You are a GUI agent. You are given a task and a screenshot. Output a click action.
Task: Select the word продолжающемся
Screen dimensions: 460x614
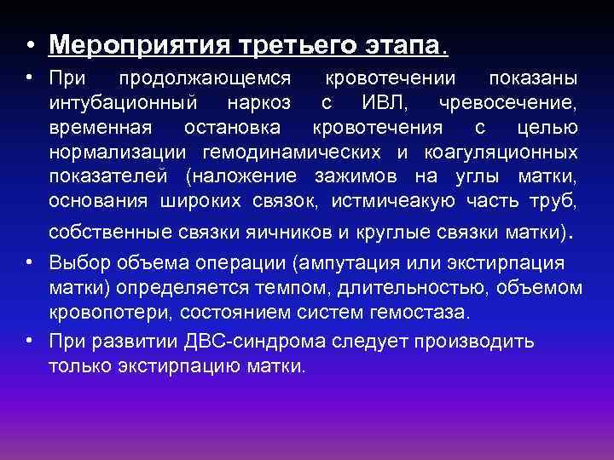click(x=206, y=79)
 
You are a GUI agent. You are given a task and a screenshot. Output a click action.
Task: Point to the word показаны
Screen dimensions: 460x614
click(x=533, y=79)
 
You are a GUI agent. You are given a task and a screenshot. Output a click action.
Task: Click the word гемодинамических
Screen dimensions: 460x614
click(x=293, y=153)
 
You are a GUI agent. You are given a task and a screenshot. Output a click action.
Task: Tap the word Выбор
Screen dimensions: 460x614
click(x=79, y=262)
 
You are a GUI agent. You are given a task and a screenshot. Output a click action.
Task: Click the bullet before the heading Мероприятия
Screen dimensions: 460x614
click(x=29, y=43)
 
